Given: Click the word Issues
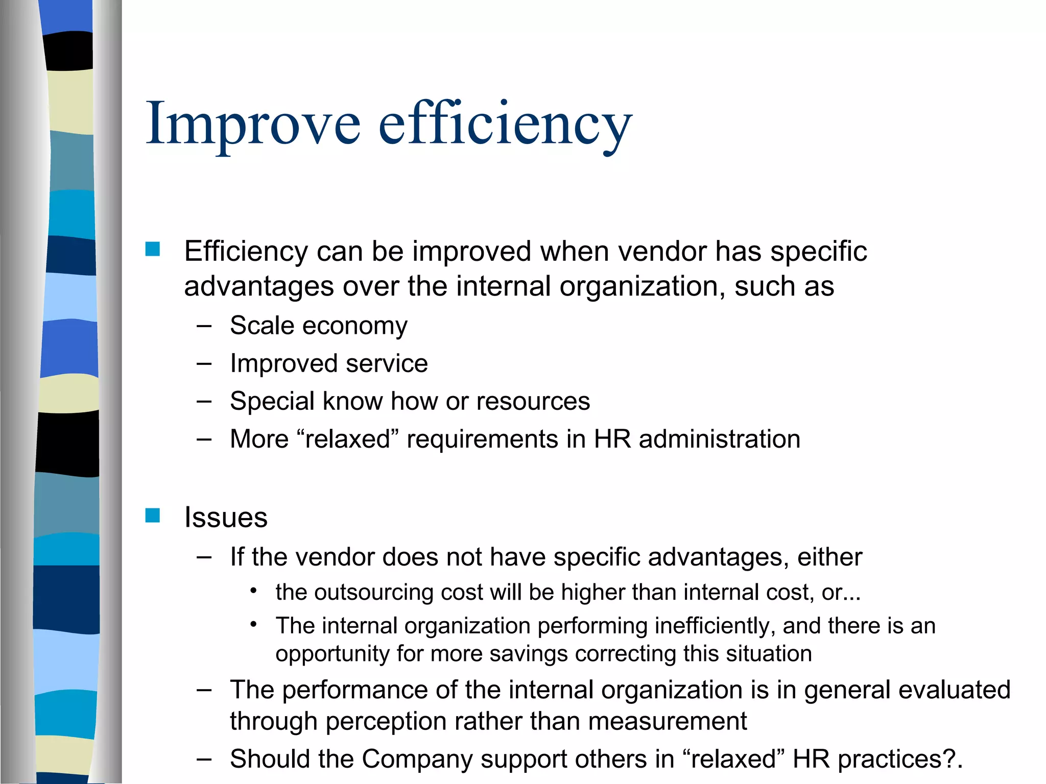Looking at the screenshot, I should pos(226,517).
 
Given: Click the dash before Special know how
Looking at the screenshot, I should pos(204,401).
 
